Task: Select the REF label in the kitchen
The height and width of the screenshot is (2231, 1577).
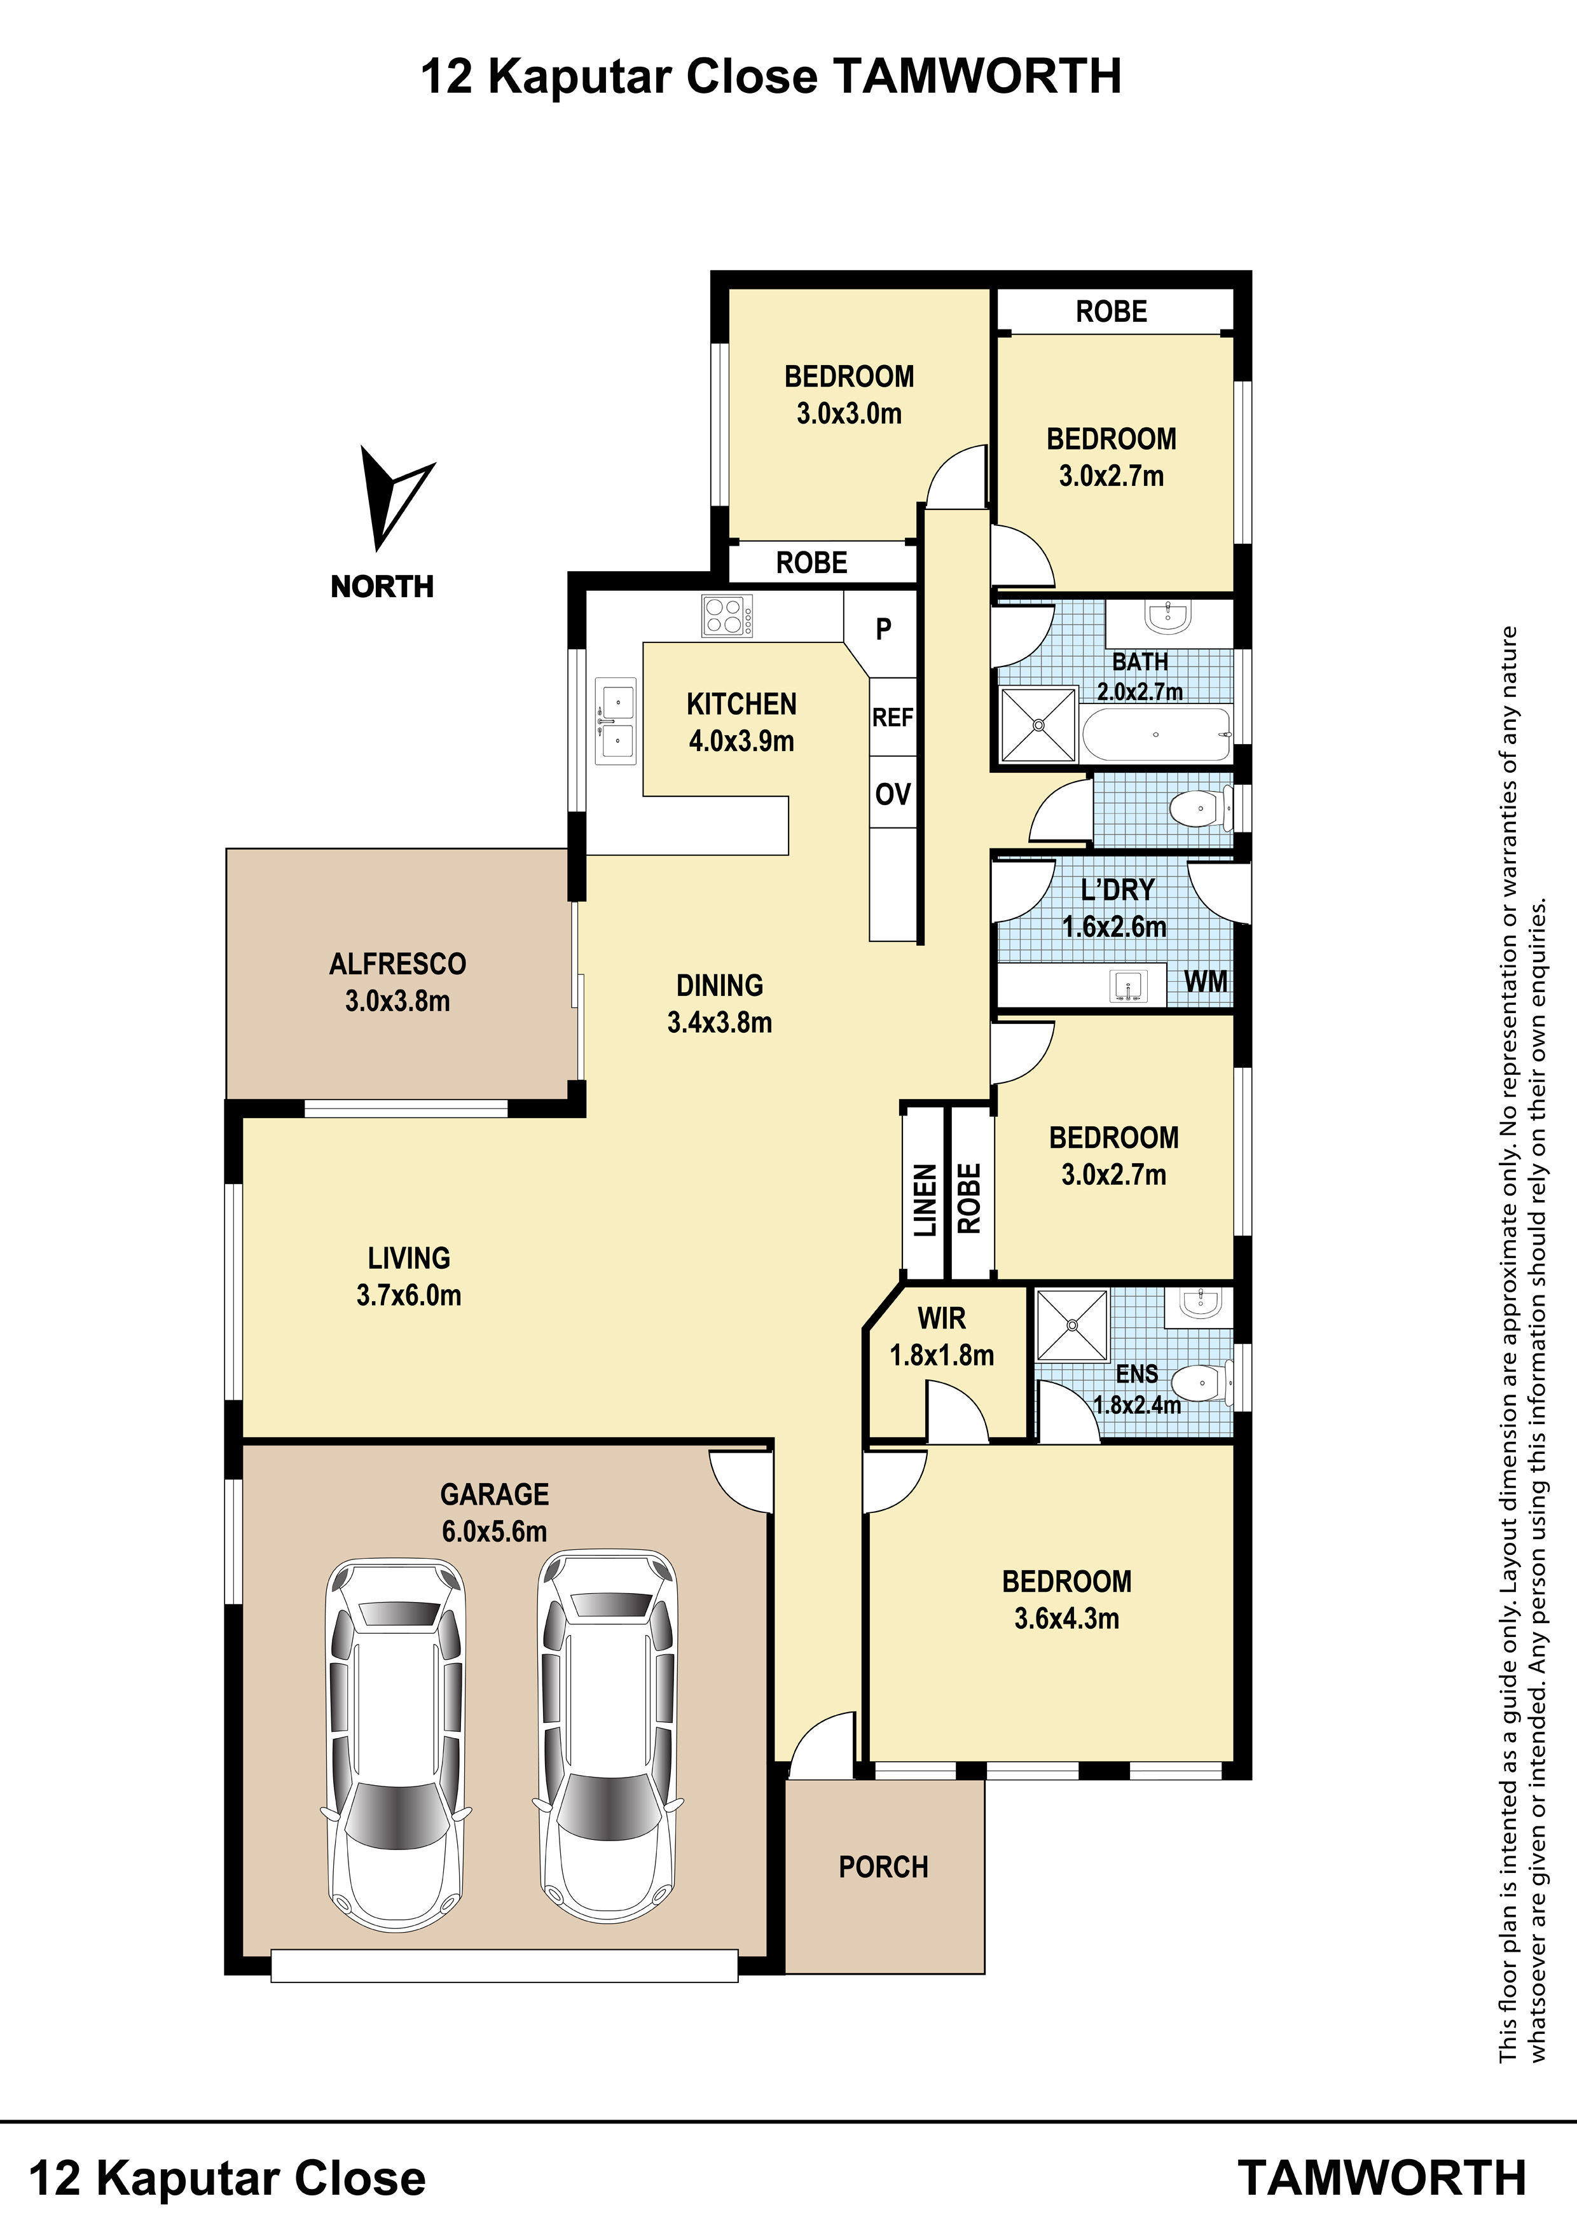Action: tap(893, 717)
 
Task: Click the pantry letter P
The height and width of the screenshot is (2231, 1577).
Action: tap(883, 630)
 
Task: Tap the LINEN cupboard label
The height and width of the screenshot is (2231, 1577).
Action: tap(925, 1200)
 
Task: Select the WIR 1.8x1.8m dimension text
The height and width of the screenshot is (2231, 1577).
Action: tap(942, 1355)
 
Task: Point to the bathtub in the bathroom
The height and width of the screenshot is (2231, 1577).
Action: tap(1156, 735)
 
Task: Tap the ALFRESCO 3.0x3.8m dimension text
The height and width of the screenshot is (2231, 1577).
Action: tap(397, 1001)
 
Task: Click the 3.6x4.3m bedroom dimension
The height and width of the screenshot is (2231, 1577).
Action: tap(1067, 1619)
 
